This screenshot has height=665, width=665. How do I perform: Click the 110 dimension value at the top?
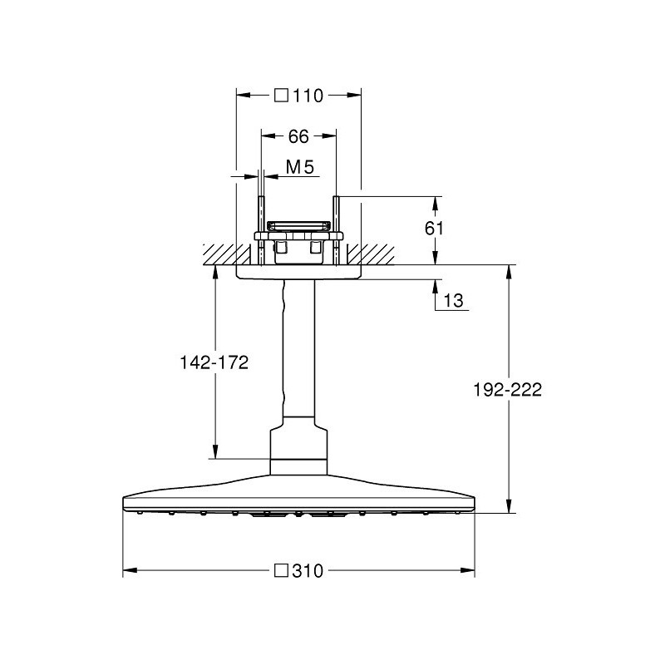pyautogui.click(x=308, y=96)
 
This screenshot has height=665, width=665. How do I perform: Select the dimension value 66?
pyautogui.click(x=298, y=136)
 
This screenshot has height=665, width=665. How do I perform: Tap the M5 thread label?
pyautogui.click(x=300, y=167)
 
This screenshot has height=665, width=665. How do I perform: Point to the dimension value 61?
pyautogui.click(x=434, y=229)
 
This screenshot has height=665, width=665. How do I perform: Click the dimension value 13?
pyautogui.click(x=453, y=301)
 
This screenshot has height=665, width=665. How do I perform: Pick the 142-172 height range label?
pyautogui.click(x=214, y=362)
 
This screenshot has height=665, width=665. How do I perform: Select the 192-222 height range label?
pyautogui.click(x=507, y=390)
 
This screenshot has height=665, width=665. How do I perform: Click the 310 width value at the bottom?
pyautogui.click(x=308, y=571)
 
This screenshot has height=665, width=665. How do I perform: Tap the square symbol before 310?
pyautogui.click(x=281, y=570)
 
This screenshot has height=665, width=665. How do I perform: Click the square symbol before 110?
pyautogui.click(x=281, y=96)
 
